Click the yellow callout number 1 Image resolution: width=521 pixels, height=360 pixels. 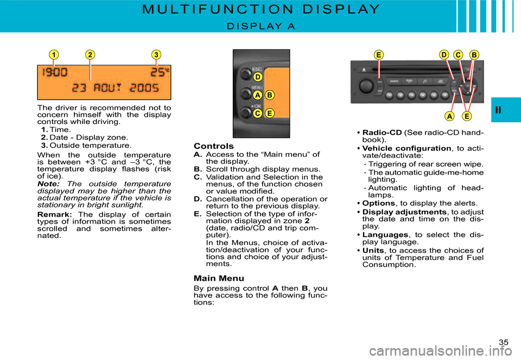coord(54,55)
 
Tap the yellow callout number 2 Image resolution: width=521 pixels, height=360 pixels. coord(90,55)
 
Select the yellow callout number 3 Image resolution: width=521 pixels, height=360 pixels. coord(156,55)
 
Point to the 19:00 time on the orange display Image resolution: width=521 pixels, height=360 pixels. coord(55,73)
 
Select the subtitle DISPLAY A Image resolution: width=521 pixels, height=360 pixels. coord(261,26)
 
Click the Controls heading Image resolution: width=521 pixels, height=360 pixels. coord(213,146)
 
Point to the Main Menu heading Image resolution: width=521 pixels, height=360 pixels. coord(219,279)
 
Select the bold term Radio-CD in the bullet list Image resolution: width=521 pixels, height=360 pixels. coord(382,133)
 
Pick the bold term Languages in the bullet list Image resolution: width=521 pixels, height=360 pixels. coord(385,235)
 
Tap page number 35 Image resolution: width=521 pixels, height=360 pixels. coord(503,342)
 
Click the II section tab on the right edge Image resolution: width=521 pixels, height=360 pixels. coord(506,110)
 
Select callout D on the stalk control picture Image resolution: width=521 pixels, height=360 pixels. coord(258,77)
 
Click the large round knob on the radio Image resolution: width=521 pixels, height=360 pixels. coord(366,87)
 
